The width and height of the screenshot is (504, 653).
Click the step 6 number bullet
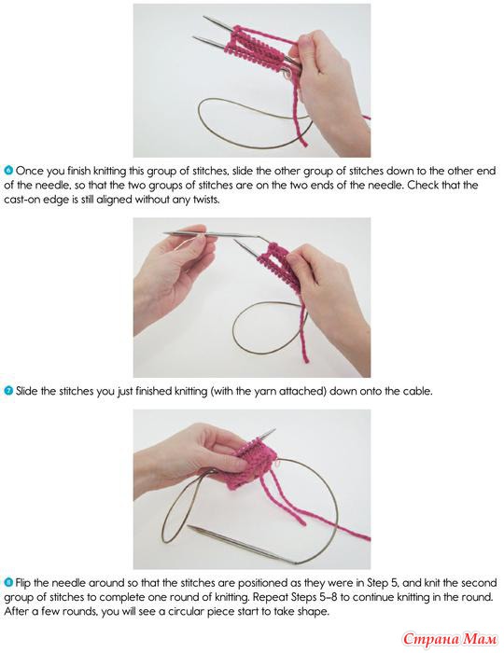pyautogui.click(x=8, y=171)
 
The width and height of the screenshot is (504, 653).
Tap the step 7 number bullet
pyautogui.click(x=8, y=391)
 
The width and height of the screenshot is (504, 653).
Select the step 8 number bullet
pyautogui.click(x=8, y=582)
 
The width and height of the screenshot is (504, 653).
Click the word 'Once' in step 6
pyautogui.click(x=30, y=171)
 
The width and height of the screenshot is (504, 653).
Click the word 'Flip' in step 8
pyautogui.click(x=23, y=583)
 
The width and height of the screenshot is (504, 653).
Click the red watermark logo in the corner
pyautogui.click(x=450, y=638)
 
